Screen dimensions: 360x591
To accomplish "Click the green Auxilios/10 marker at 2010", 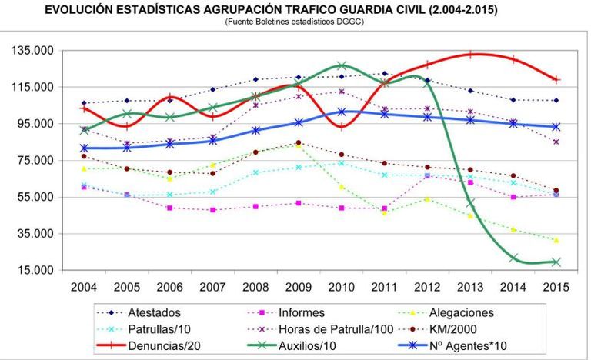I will tap(341, 66).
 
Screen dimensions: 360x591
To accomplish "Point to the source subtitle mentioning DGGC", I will tap(295, 22).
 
